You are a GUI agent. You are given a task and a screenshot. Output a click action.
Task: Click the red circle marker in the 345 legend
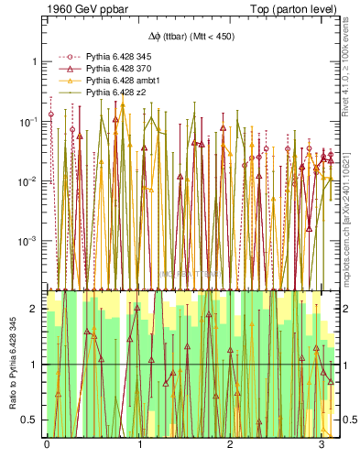coord(64,57)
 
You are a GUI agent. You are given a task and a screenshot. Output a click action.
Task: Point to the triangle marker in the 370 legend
coord(64,69)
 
